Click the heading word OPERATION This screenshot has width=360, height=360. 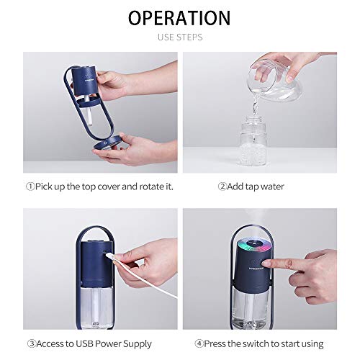click(x=179, y=17)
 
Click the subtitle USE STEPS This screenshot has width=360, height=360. click(x=179, y=36)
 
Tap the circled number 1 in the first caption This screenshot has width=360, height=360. click(x=30, y=186)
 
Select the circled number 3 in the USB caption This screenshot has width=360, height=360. click(x=30, y=343)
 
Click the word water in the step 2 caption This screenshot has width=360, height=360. click(x=271, y=186)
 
